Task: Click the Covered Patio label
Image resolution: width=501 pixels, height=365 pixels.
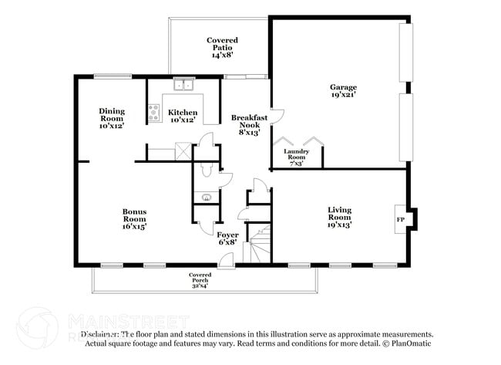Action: [x=222, y=47]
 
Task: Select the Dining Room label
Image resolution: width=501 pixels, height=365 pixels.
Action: [x=111, y=117]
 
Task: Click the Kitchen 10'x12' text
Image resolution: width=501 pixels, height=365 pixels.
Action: [x=182, y=117]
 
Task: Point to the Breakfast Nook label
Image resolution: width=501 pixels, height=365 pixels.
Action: [x=250, y=124]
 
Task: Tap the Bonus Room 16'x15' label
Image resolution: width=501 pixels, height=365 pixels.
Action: [x=134, y=218]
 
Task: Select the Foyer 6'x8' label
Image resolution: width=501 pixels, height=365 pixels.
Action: [x=227, y=238]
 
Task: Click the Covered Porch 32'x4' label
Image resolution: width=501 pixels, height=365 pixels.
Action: [x=200, y=280]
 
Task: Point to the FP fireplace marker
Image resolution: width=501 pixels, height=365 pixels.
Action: [x=400, y=220]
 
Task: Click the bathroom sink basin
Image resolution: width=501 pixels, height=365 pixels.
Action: [x=207, y=198]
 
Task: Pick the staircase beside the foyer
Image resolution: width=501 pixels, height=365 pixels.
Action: [x=261, y=243]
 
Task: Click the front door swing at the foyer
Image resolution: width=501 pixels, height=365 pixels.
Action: [x=226, y=260]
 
